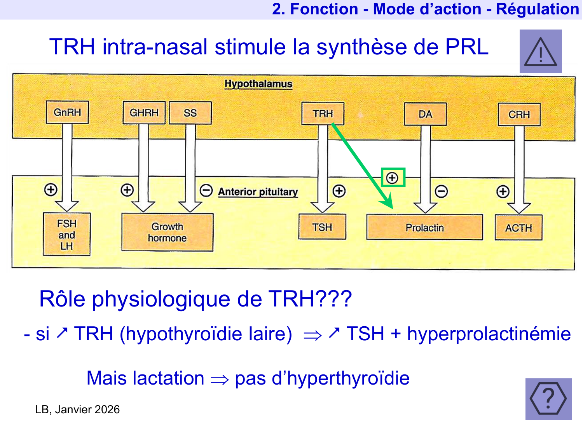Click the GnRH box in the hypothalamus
click(x=67, y=112)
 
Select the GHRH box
click(x=144, y=113)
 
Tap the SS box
click(x=190, y=113)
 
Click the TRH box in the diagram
click(x=323, y=113)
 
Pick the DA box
click(x=425, y=114)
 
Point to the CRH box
click(x=519, y=115)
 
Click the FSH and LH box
click(x=66, y=235)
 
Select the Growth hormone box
click(x=168, y=232)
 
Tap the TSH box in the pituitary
click(x=322, y=227)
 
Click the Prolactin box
click(x=424, y=228)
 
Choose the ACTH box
click(x=518, y=228)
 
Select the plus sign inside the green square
click(x=393, y=178)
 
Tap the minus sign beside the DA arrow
click(x=441, y=191)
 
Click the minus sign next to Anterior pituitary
click(x=206, y=190)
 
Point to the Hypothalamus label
click(x=258, y=84)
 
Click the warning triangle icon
click(x=541, y=52)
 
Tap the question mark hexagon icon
click(x=548, y=399)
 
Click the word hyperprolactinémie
click(x=489, y=334)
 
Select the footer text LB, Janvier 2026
click(x=77, y=409)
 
